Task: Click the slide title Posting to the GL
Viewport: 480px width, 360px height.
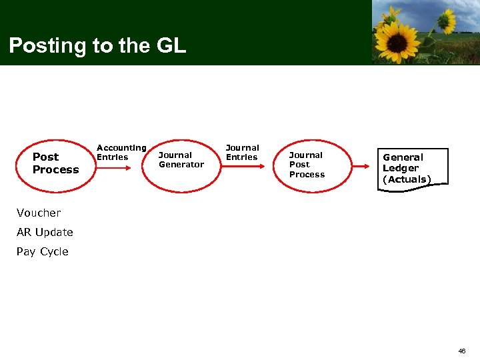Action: tap(97, 45)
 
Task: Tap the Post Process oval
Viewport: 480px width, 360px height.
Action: tap(55, 163)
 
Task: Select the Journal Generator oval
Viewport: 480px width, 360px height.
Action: tap(181, 160)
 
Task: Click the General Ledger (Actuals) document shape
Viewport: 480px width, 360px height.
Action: tap(411, 168)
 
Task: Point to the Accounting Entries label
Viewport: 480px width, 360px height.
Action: tap(121, 152)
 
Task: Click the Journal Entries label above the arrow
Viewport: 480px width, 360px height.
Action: tap(242, 152)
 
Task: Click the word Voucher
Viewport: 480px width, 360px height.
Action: tap(39, 213)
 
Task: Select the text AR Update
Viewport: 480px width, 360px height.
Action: tap(45, 233)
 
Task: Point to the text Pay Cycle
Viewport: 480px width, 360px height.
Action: tap(43, 252)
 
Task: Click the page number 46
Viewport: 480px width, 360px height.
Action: tap(462, 351)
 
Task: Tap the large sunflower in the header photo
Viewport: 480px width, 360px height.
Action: tap(397, 40)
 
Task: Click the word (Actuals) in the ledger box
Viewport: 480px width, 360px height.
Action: tap(407, 179)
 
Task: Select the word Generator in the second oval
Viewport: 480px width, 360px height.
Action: tap(181, 165)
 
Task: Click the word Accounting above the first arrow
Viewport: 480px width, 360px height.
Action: tap(121, 147)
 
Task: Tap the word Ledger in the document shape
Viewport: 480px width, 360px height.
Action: tap(401, 168)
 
